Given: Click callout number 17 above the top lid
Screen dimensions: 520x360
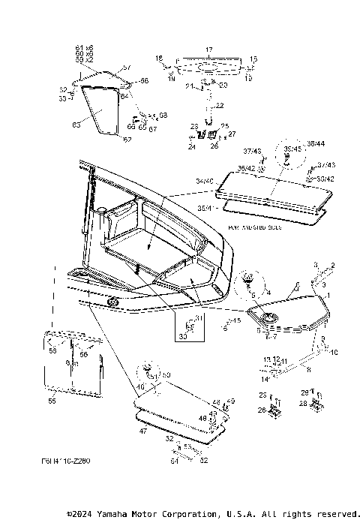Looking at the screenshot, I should [x=209, y=48].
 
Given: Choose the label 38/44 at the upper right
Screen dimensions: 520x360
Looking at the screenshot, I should [x=316, y=143].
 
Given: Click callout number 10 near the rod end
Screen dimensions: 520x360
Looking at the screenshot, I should [x=334, y=352].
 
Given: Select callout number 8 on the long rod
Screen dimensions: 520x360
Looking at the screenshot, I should [x=308, y=368].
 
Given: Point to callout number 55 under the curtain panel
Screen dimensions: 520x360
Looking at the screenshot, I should [x=52, y=401].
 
